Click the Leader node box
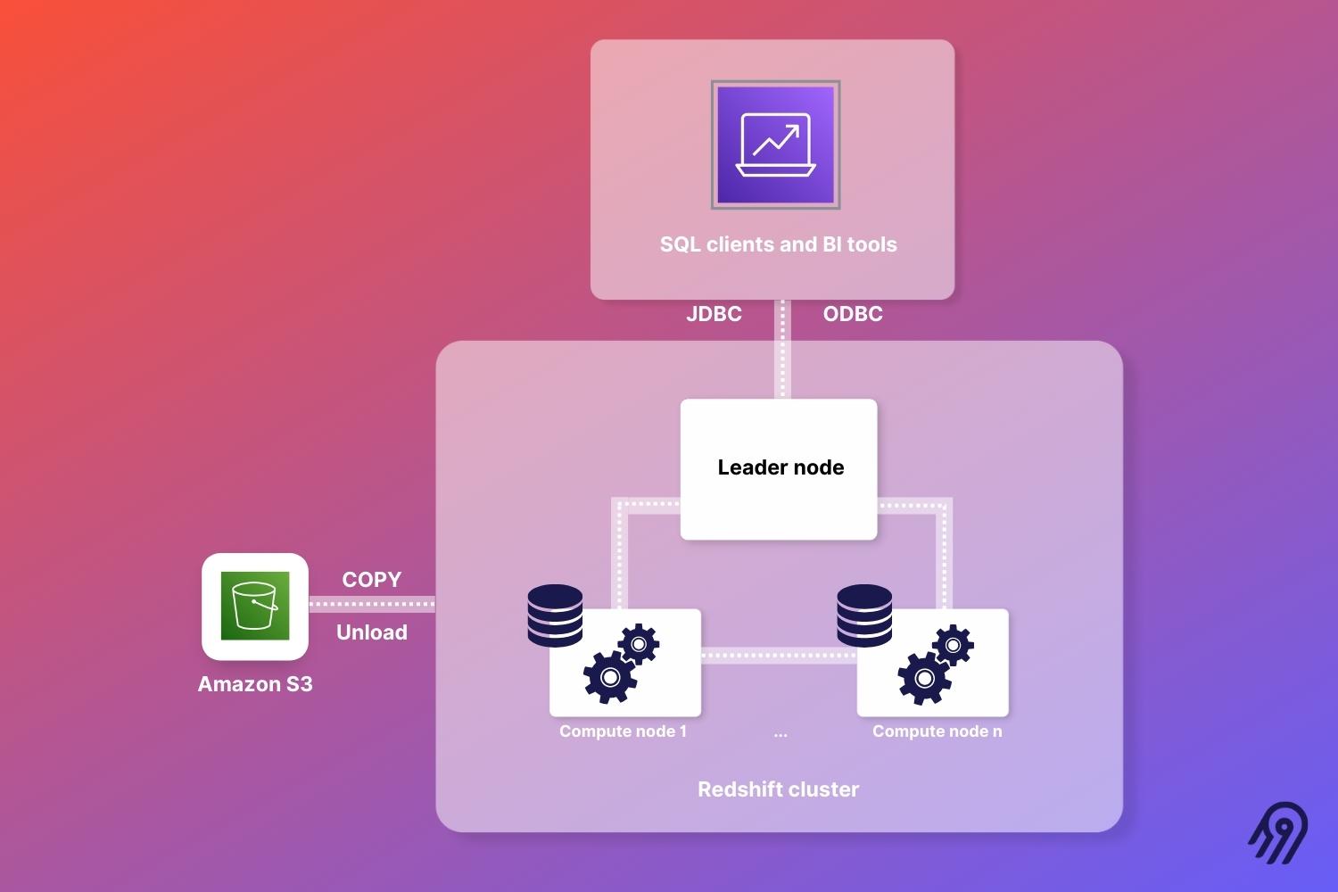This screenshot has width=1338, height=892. coord(779,469)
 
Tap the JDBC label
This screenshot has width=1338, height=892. coord(714,314)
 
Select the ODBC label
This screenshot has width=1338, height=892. coord(853,314)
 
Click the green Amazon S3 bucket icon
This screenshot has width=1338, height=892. coord(255,606)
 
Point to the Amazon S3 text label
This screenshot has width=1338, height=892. coord(255,684)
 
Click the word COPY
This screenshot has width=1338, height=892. coord(371,580)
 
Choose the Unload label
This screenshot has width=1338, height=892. coord(371,632)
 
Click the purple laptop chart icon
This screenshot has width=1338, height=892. coord(775,145)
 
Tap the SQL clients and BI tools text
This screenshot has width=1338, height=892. coord(778,244)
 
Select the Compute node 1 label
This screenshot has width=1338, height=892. coord(623,731)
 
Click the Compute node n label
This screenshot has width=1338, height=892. coord(937,731)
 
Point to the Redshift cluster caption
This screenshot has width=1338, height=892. coord(778,789)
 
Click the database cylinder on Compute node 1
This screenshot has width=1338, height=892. coord(555,615)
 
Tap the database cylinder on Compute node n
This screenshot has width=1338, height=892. coord(864,615)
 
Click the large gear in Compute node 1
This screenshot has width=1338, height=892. coord(610,677)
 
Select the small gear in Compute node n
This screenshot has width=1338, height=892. coord(953,644)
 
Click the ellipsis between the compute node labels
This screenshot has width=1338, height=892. coord(780,734)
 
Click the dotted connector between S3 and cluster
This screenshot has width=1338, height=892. coord(372,605)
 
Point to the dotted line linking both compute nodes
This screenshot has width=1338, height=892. coord(779,656)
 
